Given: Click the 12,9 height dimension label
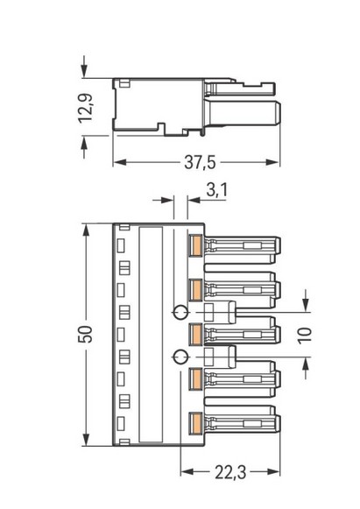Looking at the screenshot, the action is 86,108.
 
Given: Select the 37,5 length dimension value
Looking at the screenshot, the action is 200,162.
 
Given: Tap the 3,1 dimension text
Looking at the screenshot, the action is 217,190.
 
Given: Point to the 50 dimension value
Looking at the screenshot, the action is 85,334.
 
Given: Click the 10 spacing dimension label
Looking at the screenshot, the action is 305,336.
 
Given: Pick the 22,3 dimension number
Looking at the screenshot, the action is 230,472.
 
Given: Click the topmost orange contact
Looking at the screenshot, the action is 196,245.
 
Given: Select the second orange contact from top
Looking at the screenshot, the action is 196,290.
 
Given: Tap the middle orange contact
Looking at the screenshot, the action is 196,335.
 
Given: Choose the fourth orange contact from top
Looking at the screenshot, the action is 196,378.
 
